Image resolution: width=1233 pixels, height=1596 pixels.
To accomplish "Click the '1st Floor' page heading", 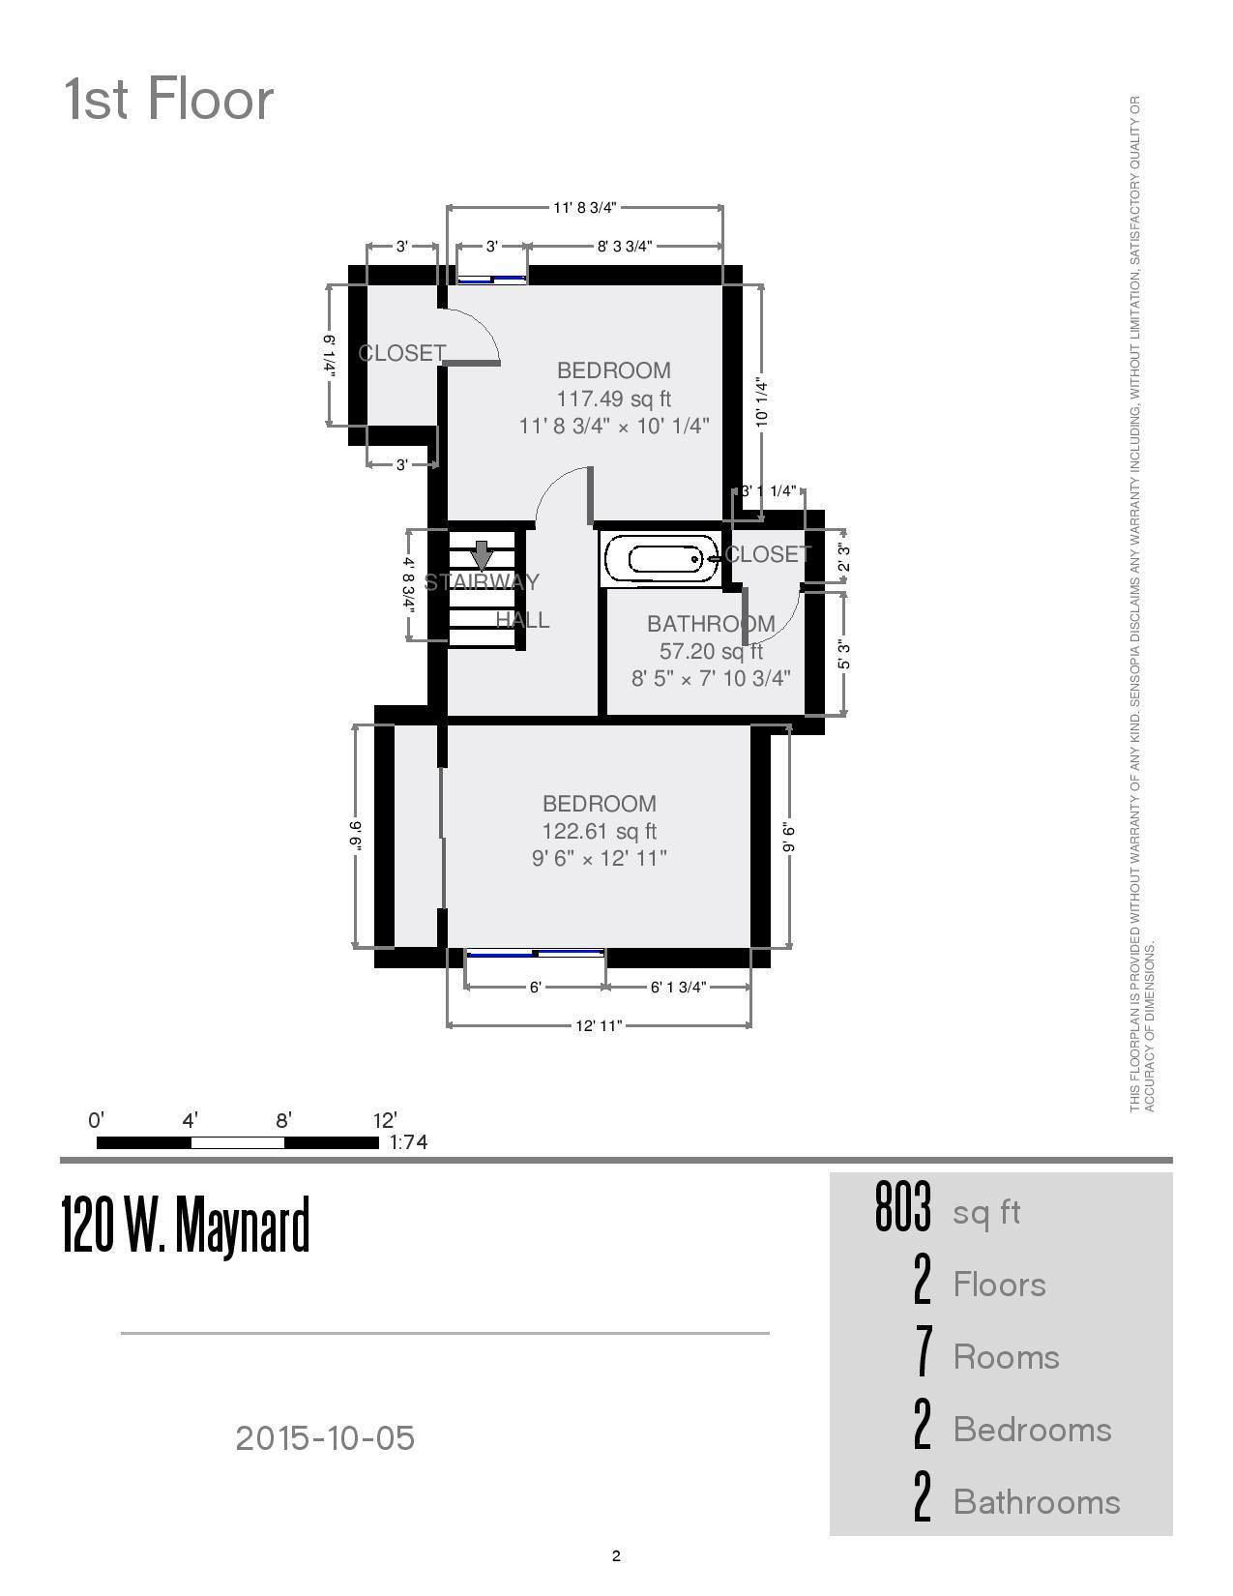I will pyautogui.click(x=169, y=100).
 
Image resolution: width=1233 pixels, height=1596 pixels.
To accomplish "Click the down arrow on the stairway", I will pyautogui.click(x=482, y=556).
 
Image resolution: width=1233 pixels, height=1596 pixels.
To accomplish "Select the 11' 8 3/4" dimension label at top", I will pyautogui.click(x=584, y=207).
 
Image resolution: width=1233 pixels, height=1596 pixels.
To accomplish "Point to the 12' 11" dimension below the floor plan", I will pyautogui.click(x=599, y=1025).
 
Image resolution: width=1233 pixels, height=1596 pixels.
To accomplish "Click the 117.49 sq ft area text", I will pyautogui.click(x=613, y=399).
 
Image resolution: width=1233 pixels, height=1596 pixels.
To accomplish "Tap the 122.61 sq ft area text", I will pyautogui.click(x=599, y=831).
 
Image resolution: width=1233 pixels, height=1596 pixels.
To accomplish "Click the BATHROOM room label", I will pyautogui.click(x=711, y=624).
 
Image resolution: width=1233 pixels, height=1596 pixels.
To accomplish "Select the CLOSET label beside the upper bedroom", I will pyautogui.click(x=401, y=354).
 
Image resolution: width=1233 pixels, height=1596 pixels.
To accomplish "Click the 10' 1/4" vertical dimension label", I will pyautogui.click(x=762, y=402).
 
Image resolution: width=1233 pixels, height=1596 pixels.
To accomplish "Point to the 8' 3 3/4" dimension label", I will pyautogui.click(x=624, y=247).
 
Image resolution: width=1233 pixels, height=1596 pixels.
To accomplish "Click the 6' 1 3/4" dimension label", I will pyautogui.click(x=678, y=988).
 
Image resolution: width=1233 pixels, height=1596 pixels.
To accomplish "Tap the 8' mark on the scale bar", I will pyautogui.click(x=283, y=1121).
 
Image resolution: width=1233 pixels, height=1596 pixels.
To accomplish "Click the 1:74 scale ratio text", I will pyautogui.click(x=408, y=1142).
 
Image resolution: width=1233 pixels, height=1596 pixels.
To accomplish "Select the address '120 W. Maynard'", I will pyautogui.click(x=186, y=1225).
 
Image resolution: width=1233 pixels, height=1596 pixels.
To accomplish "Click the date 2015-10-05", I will pyautogui.click(x=325, y=1438).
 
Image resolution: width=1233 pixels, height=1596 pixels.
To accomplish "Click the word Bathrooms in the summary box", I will pyautogui.click(x=1036, y=1502).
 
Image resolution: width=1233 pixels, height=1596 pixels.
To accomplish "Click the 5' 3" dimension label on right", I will pyautogui.click(x=843, y=655).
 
